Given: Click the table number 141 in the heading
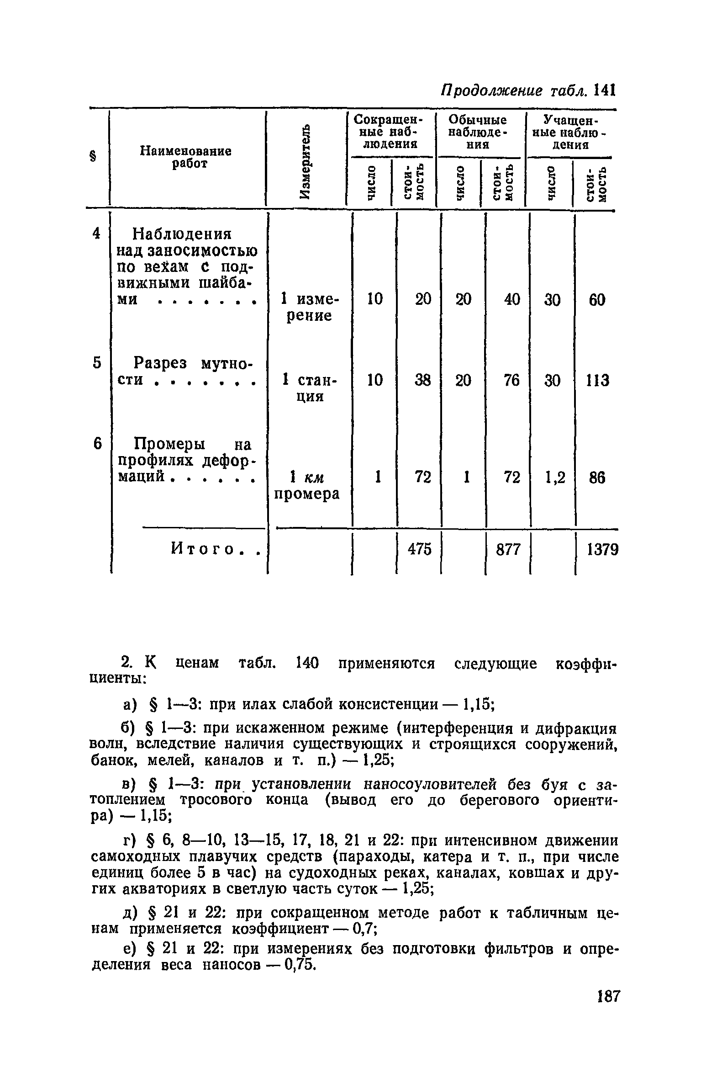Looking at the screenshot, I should (x=606, y=90).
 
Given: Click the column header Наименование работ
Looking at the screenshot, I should (x=185, y=157).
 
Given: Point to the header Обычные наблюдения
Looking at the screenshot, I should (x=478, y=132).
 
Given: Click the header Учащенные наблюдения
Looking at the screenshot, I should (x=569, y=132).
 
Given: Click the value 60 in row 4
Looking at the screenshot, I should (x=596, y=300).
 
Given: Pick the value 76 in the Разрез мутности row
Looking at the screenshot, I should (x=512, y=380).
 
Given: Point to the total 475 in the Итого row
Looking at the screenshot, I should (x=420, y=549).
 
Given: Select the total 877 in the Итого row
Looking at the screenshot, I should (x=508, y=549).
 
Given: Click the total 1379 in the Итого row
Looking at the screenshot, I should (x=602, y=549).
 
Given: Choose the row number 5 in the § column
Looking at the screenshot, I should (x=96, y=363).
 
